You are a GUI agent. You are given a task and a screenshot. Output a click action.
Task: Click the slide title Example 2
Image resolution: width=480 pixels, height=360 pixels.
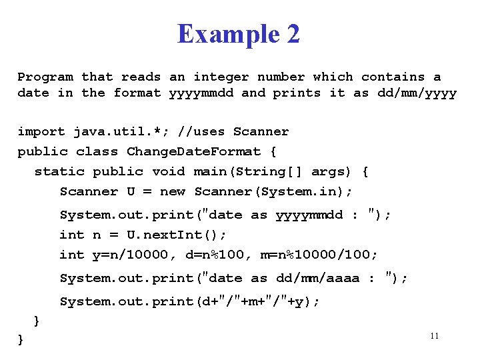239,34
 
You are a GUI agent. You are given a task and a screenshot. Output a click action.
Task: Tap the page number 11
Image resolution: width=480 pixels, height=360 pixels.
434,336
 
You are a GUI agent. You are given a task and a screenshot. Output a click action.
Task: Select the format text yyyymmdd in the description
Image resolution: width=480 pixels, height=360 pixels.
201,93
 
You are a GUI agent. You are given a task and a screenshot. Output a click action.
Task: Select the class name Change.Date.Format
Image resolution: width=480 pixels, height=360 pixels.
193,151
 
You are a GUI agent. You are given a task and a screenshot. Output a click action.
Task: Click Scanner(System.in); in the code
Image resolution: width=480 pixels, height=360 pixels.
273,191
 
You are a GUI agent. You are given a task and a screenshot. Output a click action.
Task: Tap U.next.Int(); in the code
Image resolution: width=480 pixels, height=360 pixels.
177,235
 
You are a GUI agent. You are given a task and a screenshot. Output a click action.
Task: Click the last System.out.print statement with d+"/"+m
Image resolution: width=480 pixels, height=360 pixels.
190,301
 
